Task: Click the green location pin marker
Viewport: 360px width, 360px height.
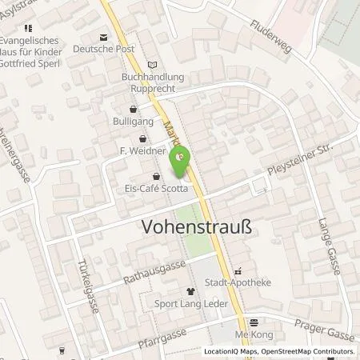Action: pyautogui.click(x=180, y=158)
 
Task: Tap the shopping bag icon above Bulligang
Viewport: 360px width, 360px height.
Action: pyautogui.click(x=133, y=110)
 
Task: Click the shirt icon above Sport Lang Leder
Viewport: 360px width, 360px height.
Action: pyautogui.click(x=190, y=292)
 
